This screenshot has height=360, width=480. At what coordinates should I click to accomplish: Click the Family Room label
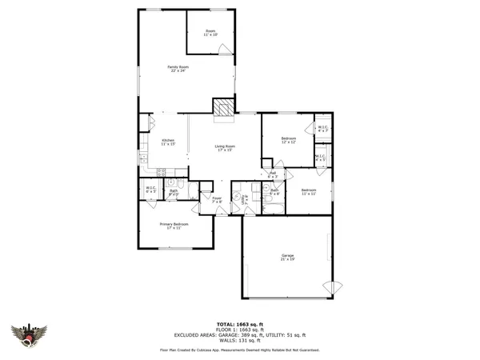click(178, 69)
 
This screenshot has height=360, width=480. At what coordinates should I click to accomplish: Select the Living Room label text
click(223, 148)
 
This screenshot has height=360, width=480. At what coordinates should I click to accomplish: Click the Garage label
click(288, 258)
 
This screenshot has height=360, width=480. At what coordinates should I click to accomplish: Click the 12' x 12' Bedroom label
click(289, 141)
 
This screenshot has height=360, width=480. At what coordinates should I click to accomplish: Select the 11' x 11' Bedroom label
click(310, 191)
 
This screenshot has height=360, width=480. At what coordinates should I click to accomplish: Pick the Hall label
click(273, 174)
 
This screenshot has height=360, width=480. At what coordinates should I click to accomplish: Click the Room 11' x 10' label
click(210, 33)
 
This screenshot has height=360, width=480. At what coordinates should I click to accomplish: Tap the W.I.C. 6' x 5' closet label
click(150, 190)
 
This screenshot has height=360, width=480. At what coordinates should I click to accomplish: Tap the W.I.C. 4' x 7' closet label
click(322, 130)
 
